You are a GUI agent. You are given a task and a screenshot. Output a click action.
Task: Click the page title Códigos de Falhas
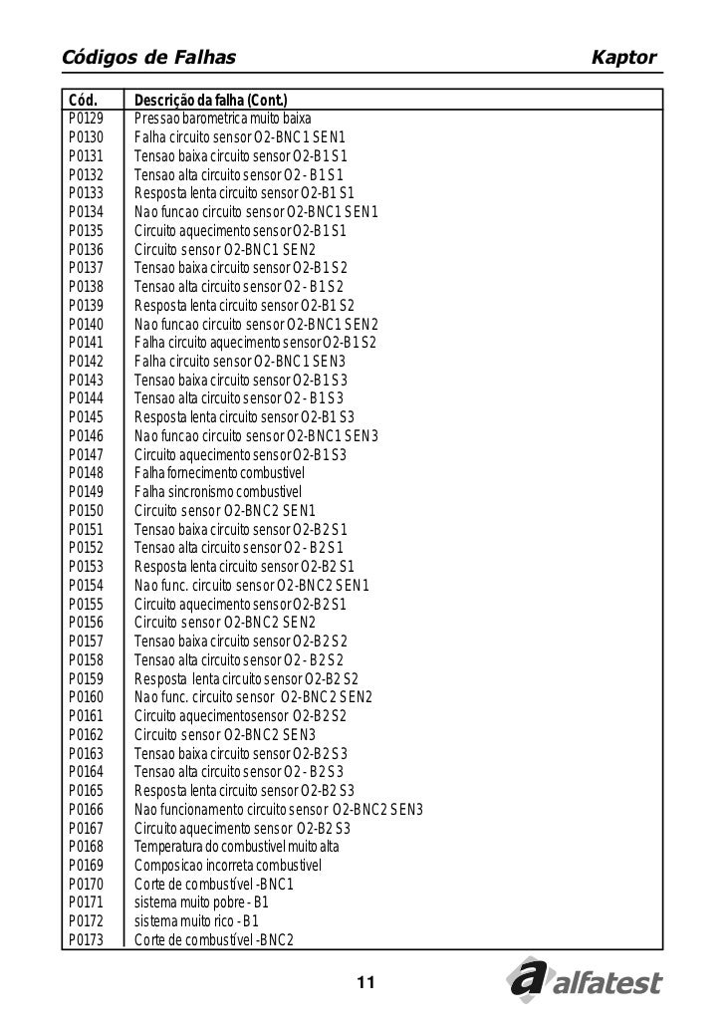click(149, 58)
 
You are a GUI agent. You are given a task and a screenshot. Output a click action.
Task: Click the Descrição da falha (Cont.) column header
click(211, 100)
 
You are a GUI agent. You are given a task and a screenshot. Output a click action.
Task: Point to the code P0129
click(87, 119)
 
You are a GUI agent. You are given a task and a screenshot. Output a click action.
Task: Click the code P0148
click(87, 473)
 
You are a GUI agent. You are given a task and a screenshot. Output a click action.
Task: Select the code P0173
click(87, 939)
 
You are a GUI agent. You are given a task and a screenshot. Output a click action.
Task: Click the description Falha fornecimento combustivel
click(219, 473)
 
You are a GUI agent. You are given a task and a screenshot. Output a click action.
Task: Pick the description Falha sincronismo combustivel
click(217, 492)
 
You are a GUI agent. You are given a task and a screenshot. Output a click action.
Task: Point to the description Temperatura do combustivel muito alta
click(237, 847)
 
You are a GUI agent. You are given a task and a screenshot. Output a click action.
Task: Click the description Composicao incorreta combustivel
click(228, 865)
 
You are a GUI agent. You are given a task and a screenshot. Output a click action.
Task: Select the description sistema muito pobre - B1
click(201, 902)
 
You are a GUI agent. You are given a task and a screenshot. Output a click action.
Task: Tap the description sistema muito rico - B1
click(196, 920)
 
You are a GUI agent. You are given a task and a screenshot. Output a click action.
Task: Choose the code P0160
click(87, 696)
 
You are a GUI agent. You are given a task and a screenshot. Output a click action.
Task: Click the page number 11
click(363, 984)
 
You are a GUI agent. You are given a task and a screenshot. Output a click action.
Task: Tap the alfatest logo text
click(607, 984)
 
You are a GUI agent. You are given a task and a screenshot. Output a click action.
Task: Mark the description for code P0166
click(279, 809)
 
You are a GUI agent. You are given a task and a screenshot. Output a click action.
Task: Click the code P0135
click(87, 230)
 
